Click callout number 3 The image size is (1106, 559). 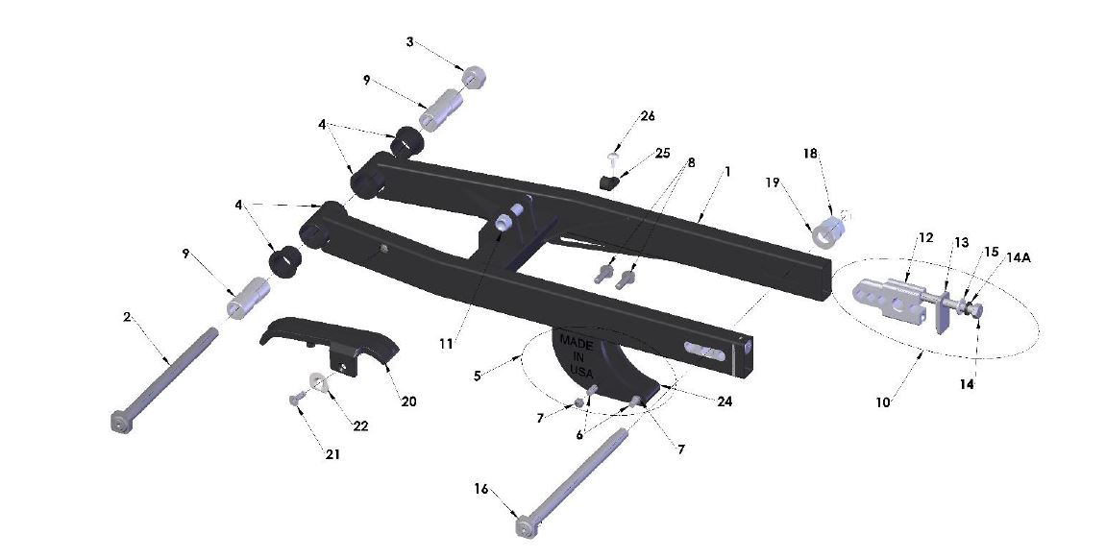(410, 42)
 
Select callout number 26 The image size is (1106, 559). (648, 116)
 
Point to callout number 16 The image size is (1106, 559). (480, 489)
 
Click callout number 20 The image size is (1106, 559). (408, 401)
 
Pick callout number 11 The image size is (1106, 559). (445, 343)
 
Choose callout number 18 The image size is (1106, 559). (811, 154)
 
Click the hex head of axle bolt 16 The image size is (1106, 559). (525, 527)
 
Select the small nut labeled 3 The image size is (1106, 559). (473, 77)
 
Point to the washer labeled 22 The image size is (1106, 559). (317, 383)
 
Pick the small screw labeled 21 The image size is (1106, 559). (292, 397)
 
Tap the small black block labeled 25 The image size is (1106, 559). (607, 182)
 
